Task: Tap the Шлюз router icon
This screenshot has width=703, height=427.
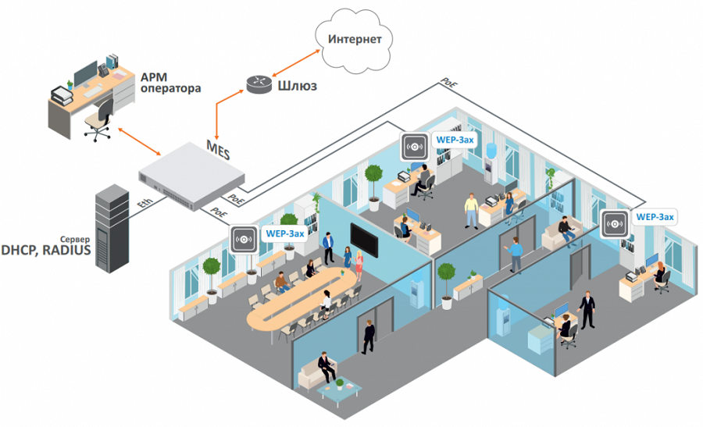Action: coord(257,82)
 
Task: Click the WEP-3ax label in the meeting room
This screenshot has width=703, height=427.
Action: coord(285,233)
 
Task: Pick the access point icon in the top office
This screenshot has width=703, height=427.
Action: coord(413,146)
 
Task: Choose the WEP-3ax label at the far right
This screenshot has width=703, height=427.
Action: coord(655,216)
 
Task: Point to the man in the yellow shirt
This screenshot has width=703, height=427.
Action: coord(471,209)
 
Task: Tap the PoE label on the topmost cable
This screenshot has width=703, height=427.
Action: coord(448,80)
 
